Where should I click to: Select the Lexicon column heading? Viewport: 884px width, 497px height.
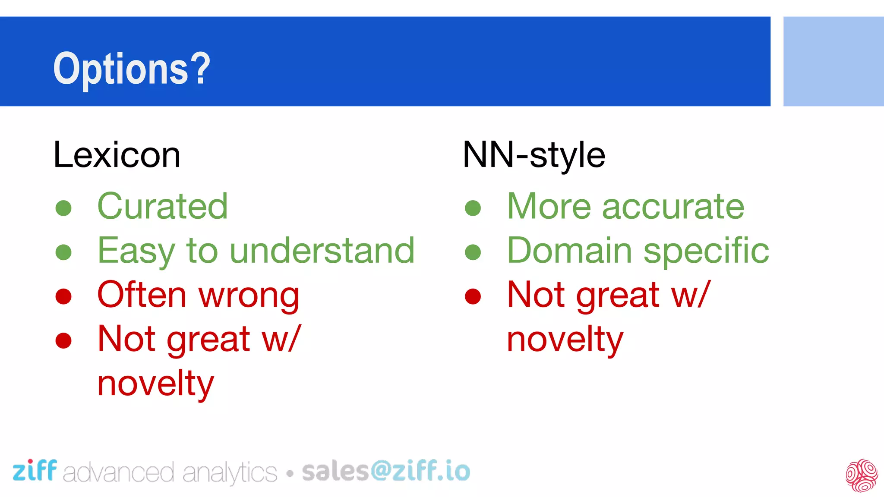[117, 155]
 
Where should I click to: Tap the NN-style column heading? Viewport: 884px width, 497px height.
[534, 155]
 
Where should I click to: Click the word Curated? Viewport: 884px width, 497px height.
[162, 206]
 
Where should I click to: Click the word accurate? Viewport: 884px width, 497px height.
[673, 207]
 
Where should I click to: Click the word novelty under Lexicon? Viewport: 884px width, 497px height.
[155, 384]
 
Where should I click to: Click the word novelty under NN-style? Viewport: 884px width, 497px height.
[565, 340]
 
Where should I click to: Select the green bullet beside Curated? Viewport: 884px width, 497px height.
[63, 208]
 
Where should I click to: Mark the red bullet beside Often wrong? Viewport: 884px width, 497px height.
[63, 296]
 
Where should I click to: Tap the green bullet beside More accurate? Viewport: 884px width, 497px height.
[473, 208]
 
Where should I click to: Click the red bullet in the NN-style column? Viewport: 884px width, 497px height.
[473, 296]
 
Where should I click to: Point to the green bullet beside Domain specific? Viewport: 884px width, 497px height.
[473, 252]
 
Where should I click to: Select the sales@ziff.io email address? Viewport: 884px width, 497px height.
[386, 471]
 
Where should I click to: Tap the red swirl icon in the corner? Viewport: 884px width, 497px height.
[862, 475]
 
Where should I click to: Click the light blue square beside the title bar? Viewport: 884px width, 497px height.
[833, 61]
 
